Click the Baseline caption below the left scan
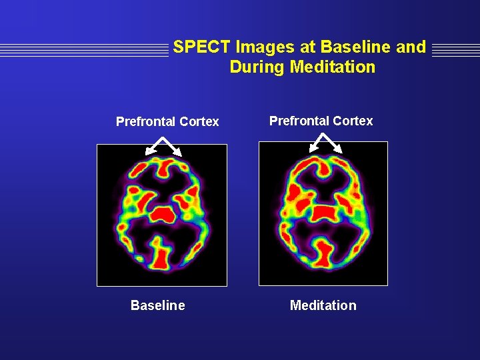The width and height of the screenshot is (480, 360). pyautogui.click(x=158, y=305)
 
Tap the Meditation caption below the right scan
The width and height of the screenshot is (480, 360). pyautogui.click(x=323, y=305)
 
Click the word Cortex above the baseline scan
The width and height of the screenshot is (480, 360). pyautogui.click(x=199, y=121)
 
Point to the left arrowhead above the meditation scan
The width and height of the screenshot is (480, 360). pyautogui.click(x=311, y=149)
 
